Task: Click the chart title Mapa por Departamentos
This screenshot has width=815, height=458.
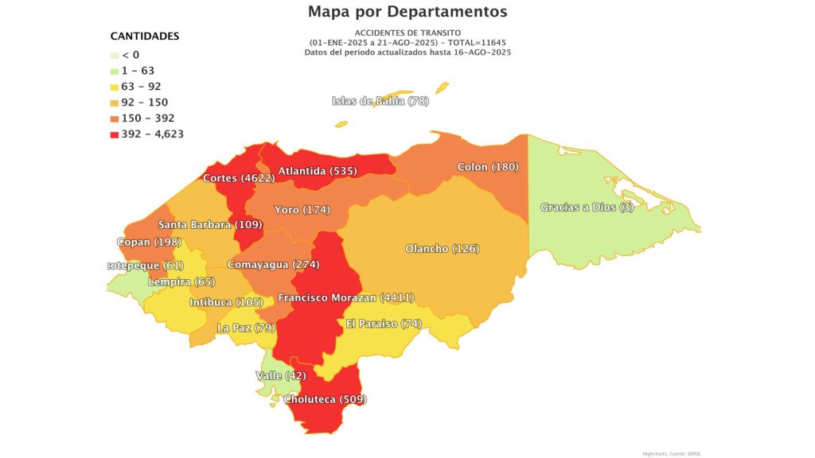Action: click(x=407, y=12)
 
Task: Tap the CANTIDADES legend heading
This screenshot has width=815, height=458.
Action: click(x=144, y=37)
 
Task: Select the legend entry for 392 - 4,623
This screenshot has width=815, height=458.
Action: click(x=152, y=134)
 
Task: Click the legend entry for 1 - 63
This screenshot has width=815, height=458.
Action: click(x=138, y=70)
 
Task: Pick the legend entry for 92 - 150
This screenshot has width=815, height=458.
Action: click(x=144, y=102)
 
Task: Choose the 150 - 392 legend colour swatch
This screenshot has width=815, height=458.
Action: click(x=115, y=118)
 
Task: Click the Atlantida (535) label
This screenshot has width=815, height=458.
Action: click(x=316, y=170)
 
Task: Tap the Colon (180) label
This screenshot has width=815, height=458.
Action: click(x=487, y=167)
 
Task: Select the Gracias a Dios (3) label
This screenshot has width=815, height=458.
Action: click(x=582, y=208)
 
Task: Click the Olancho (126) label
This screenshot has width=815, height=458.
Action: click(x=442, y=249)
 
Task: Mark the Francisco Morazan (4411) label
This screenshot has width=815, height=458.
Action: click(x=345, y=298)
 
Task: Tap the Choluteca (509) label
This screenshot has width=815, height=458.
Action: click(x=327, y=399)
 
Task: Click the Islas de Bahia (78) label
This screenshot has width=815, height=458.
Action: click(x=380, y=101)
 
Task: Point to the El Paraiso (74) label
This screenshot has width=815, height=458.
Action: click(x=384, y=324)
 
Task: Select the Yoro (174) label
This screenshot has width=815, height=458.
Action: click(x=302, y=210)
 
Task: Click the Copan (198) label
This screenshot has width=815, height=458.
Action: click(x=149, y=242)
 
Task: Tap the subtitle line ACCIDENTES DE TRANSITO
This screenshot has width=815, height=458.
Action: click(x=407, y=32)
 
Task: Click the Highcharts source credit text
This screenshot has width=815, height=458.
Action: click(x=673, y=453)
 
